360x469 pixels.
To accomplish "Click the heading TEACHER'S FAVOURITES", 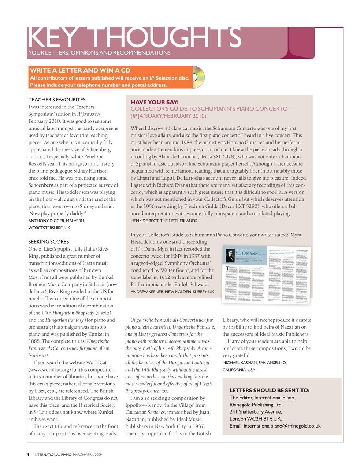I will pos(57,100).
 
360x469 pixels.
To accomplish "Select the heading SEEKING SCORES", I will pos(49,242).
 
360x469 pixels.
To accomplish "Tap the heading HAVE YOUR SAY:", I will pos(154,102).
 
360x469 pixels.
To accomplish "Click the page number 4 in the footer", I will pos(28,455).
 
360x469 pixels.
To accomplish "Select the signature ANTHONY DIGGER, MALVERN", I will pos(57,221).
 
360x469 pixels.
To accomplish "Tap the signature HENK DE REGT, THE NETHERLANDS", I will pos(164,221).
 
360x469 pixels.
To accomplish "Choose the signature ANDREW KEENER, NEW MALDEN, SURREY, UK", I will pos(172,292).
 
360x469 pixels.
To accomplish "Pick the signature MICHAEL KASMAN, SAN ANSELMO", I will pos(255,363).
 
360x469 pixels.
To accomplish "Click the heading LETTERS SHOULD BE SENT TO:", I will pos(270,391).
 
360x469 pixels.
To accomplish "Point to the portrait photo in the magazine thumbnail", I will pos(230,255).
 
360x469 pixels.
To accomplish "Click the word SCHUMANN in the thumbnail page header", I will pos(246,253).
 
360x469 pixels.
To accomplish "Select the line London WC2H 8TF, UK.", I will pos(256,419).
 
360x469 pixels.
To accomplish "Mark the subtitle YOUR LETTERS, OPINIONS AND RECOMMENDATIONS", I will pos(100,53).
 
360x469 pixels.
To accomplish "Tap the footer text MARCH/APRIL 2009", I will pos(87,455).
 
